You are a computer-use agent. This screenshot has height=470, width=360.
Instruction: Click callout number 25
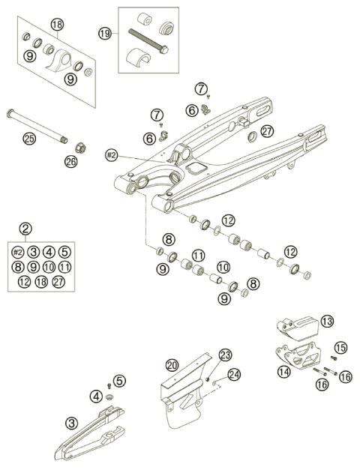pos(28,138)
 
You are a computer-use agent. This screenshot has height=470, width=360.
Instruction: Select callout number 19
pos(105,33)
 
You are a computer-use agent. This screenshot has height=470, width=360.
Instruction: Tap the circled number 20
pos(172,366)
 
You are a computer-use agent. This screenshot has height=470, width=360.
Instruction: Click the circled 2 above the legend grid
pos(25,228)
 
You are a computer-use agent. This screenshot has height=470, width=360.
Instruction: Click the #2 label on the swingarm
pos(111,154)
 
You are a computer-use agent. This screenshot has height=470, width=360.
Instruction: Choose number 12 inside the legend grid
pos(25,283)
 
